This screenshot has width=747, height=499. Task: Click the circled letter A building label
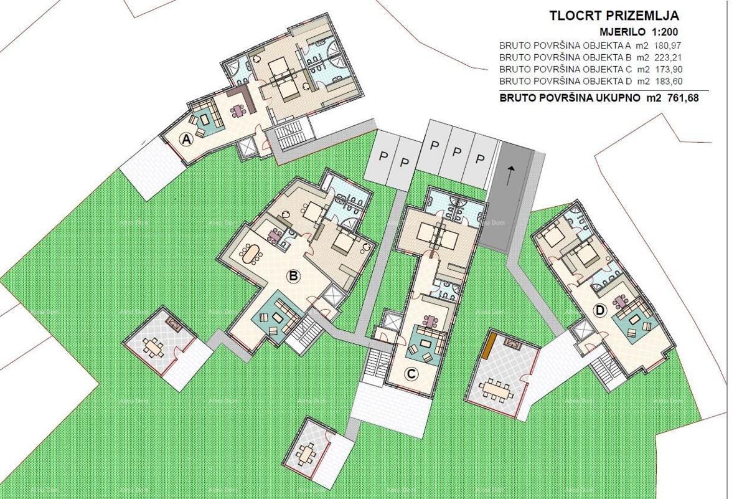tap(186, 140)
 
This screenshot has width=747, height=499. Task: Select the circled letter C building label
tap(410, 374)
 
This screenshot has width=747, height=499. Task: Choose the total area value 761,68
tap(679, 98)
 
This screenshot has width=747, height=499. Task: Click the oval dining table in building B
tap(251, 254)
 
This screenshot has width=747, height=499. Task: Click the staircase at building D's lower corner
tap(603, 372)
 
